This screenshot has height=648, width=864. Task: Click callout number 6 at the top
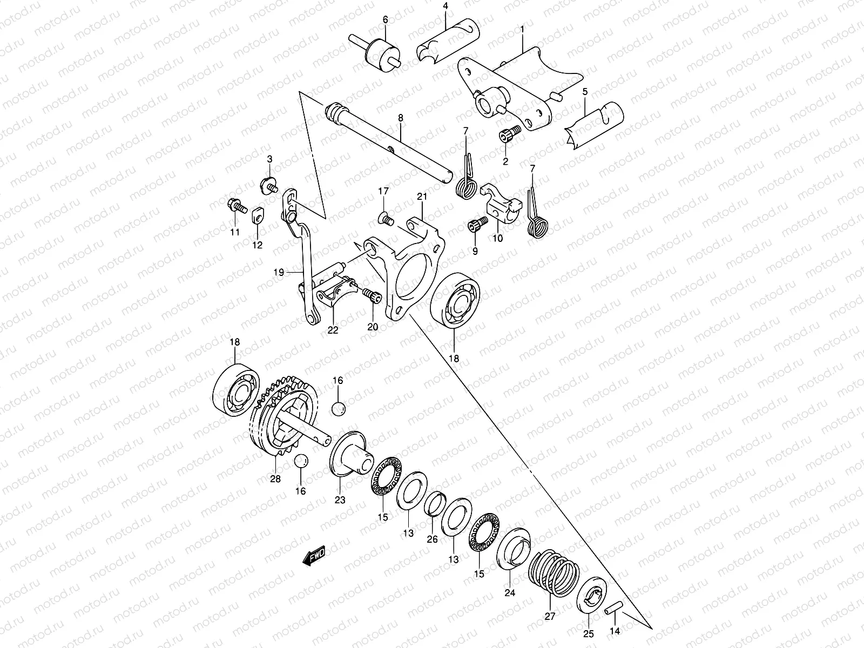point(385,19)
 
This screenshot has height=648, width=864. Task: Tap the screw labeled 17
point(386,218)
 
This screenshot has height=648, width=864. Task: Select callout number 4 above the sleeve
point(446,6)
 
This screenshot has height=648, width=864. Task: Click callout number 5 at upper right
point(585,91)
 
